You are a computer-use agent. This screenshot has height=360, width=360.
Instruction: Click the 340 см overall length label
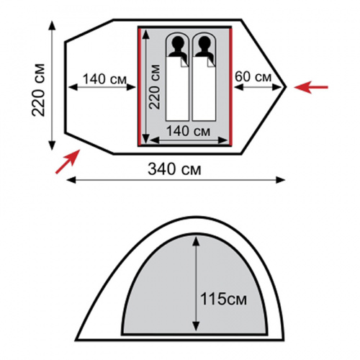pyautogui.click(x=174, y=169)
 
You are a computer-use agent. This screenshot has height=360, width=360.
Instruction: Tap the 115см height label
pyautogui.click(x=223, y=299)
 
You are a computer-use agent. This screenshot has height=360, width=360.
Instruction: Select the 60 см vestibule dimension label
pyautogui.click(x=253, y=77)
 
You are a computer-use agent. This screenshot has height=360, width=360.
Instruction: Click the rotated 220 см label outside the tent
pyautogui.click(x=39, y=90)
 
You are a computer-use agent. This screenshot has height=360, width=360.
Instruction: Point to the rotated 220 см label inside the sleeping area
pyautogui.click(x=155, y=87)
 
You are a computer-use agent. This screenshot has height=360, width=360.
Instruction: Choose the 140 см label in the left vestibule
pyautogui.click(x=104, y=79)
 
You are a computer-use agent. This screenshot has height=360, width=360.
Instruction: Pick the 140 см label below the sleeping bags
pyautogui.click(x=188, y=131)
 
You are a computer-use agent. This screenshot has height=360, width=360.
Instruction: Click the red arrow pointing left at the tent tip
pyautogui.click(x=311, y=87)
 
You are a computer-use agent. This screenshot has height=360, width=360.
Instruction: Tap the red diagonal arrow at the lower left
pyautogui.click(x=68, y=161)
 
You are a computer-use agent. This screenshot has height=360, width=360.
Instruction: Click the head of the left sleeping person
pyautogui.click(x=178, y=42)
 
